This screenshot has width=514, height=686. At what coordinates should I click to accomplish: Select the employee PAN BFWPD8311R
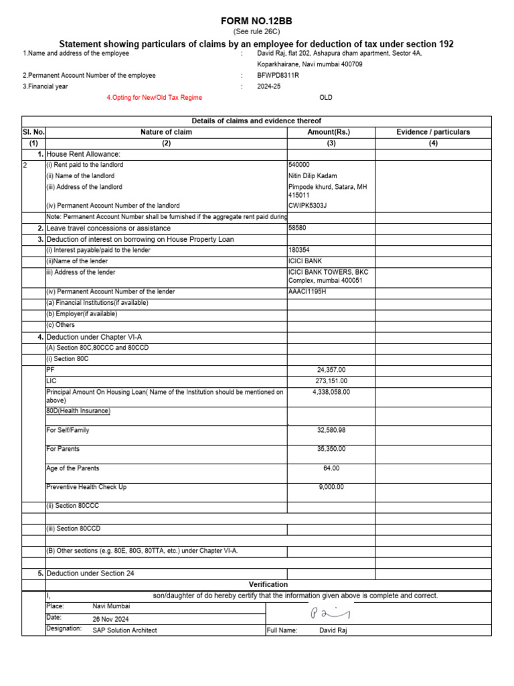(278, 76)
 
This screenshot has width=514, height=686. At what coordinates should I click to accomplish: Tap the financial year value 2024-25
(270, 86)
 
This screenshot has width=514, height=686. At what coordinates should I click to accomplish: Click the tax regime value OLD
(326, 98)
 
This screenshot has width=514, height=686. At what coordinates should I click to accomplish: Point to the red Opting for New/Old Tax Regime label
(155, 98)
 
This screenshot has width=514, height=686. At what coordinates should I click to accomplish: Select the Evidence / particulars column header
(433, 132)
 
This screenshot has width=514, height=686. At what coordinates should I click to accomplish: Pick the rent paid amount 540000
(299, 165)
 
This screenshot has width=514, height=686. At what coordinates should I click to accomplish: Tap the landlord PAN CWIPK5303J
(307, 206)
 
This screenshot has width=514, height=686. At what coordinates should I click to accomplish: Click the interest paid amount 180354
(299, 250)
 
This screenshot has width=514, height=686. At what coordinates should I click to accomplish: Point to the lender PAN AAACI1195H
(308, 291)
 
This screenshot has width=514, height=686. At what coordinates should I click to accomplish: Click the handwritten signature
(329, 614)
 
